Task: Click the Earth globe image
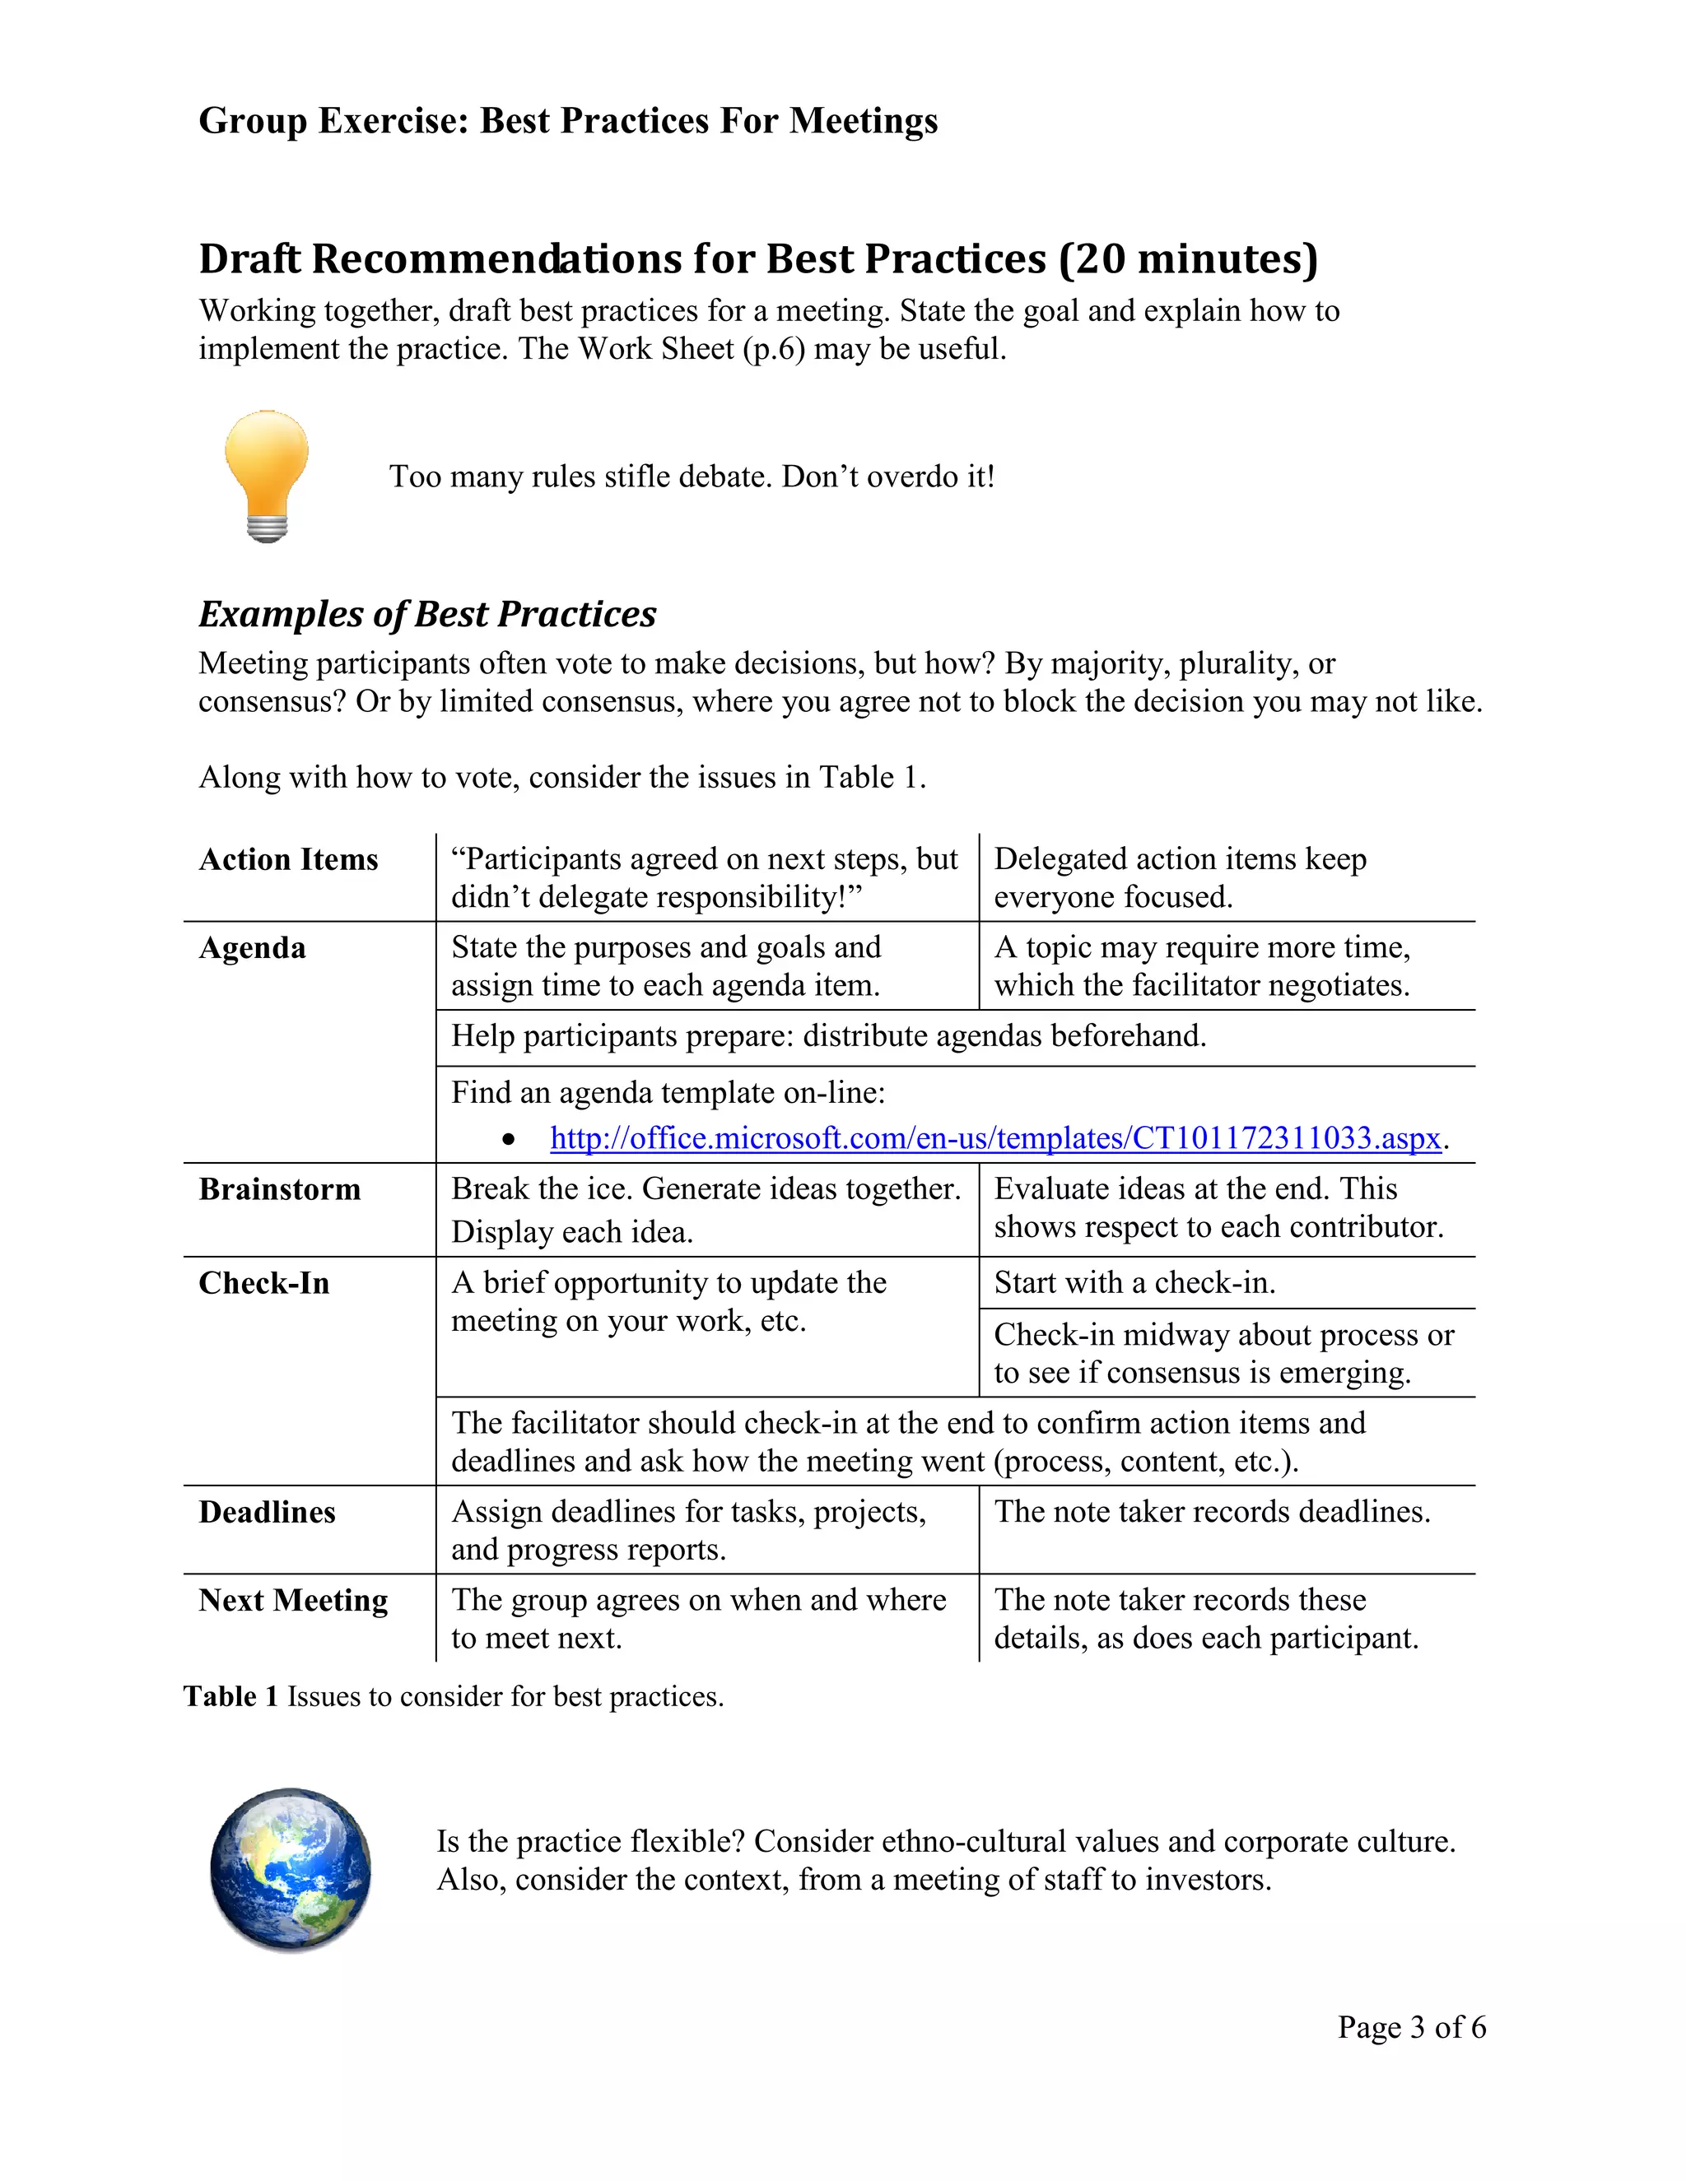point(291,1869)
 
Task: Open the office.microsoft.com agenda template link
point(994,1138)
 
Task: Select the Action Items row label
point(289,860)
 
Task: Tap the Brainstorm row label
point(280,1189)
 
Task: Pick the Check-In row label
point(263,1283)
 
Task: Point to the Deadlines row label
point(267,1512)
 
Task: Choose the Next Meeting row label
point(292,1600)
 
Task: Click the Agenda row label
point(252,947)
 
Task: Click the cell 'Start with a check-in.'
point(1134,1282)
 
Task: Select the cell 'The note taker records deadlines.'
point(1212,1512)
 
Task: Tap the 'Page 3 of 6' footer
point(1411,2027)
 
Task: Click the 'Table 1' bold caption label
point(231,1697)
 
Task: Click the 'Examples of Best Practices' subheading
point(427,614)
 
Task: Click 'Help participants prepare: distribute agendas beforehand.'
point(828,1036)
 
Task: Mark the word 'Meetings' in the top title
point(863,121)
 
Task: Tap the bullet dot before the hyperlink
point(510,1139)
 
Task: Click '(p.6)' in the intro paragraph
point(773,348)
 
